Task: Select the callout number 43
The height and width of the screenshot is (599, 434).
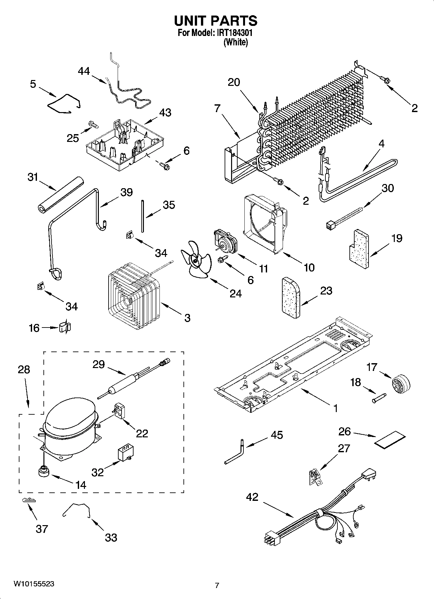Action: tap(165, 113)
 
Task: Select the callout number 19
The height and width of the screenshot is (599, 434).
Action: tap(396, 238)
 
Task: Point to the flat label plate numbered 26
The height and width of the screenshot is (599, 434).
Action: tap(390, 440)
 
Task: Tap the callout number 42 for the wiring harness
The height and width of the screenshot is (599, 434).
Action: tap(252, 497)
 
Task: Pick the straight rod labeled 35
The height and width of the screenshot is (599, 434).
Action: tap(142, 216)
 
